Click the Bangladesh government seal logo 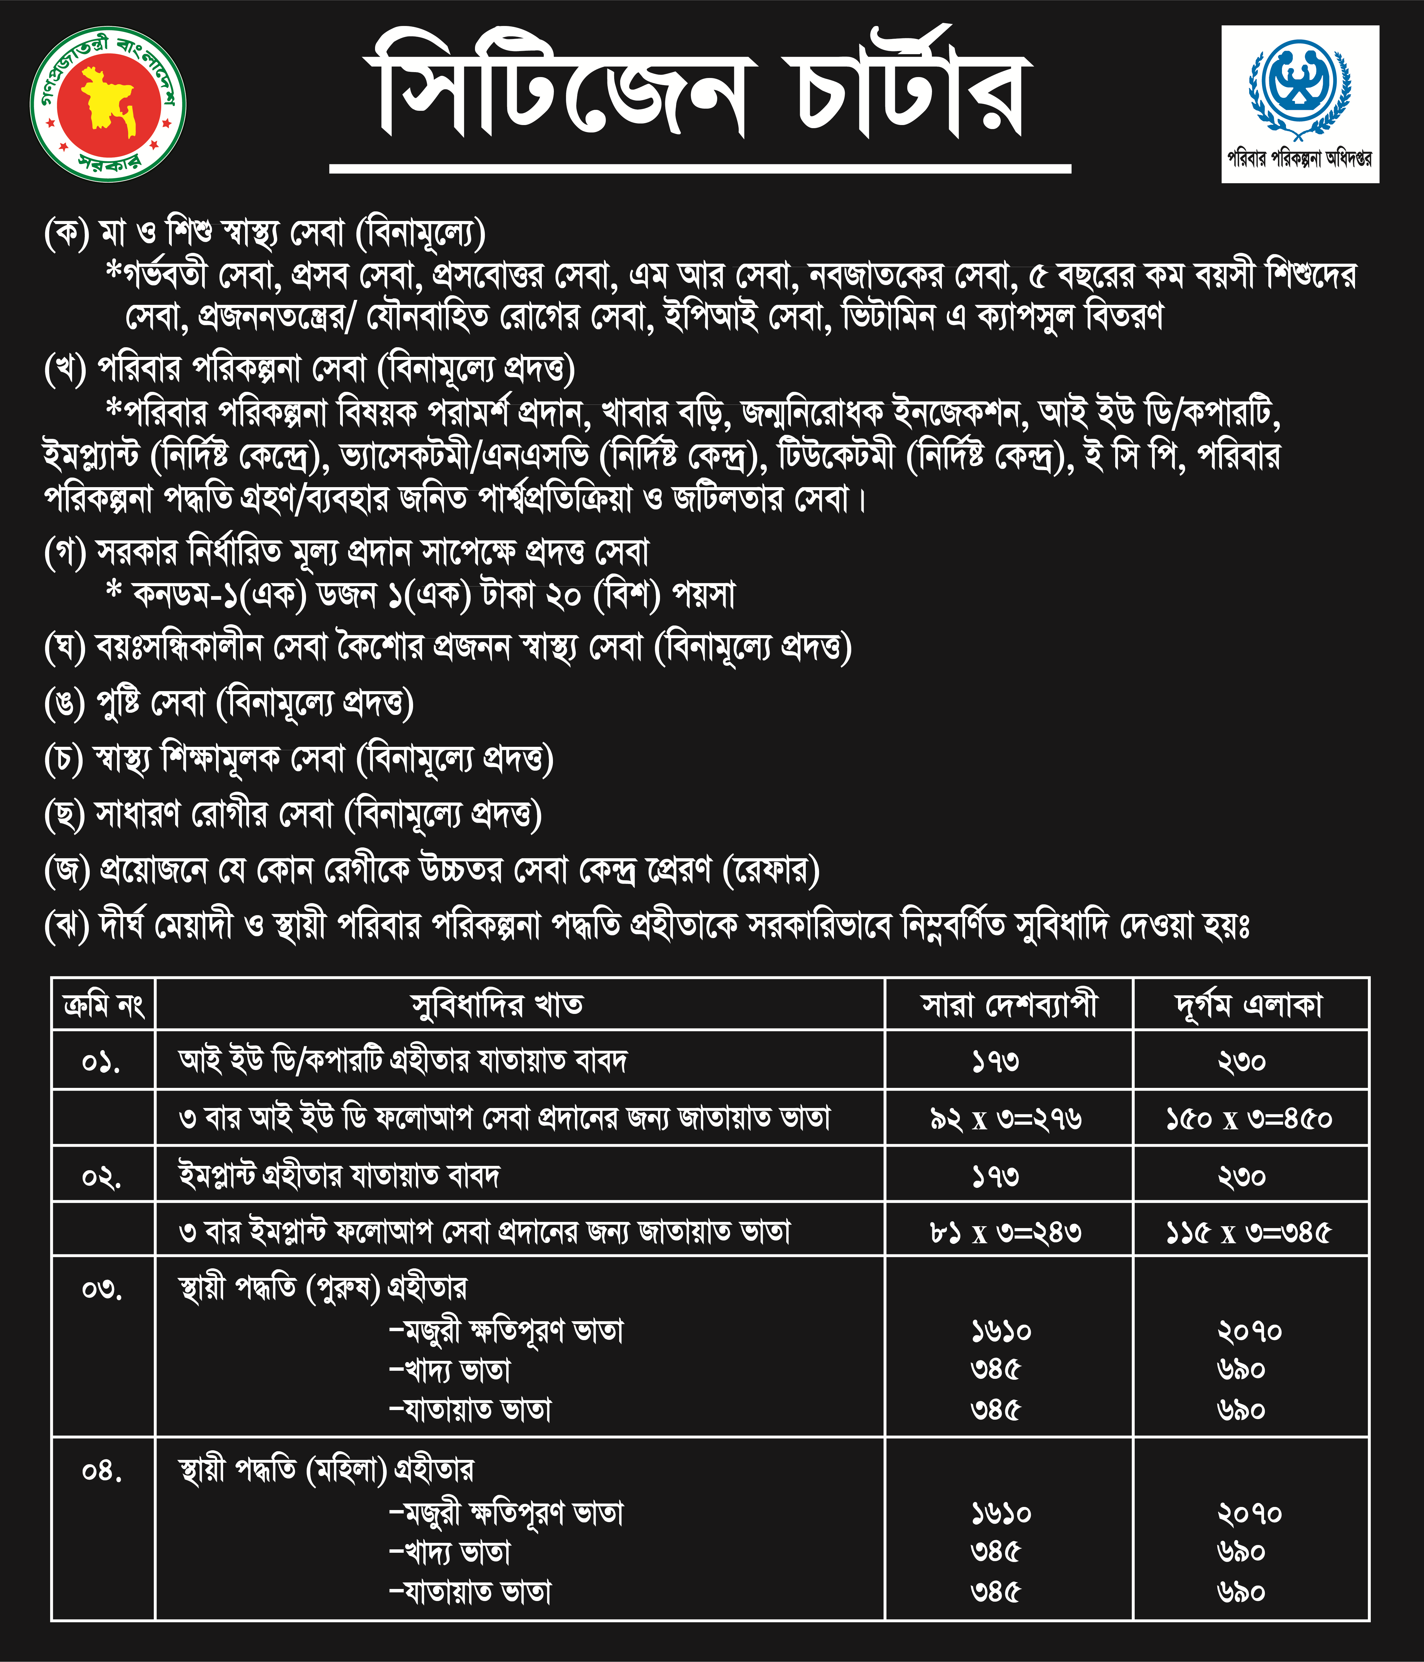point(107,104)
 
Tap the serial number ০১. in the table point(102,1062)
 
